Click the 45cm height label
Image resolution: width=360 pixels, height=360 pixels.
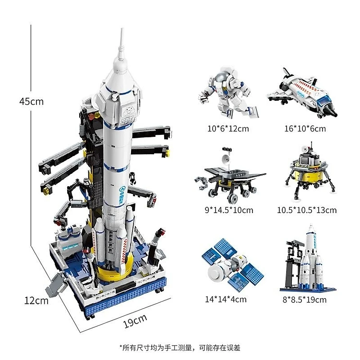[32, 101]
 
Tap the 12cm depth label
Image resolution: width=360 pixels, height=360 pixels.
[36, 300]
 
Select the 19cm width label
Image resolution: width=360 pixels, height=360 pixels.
[135, 321]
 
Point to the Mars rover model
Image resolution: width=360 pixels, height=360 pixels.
[230, 176]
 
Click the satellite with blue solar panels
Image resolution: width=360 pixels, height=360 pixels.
[232, 265]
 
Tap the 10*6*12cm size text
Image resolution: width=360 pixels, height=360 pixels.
[228, 129]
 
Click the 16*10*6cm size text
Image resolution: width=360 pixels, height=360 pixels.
[305, 129]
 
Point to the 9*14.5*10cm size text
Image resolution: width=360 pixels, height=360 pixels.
[229, 210]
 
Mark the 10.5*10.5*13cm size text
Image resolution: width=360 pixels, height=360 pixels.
[307, 210]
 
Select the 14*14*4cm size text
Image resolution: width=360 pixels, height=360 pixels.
[226, 299]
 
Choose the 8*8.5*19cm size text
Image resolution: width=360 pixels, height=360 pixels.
[304, 300]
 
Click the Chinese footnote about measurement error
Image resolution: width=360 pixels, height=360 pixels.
[180, 348]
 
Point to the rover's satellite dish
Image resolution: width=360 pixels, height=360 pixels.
[226, 159]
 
